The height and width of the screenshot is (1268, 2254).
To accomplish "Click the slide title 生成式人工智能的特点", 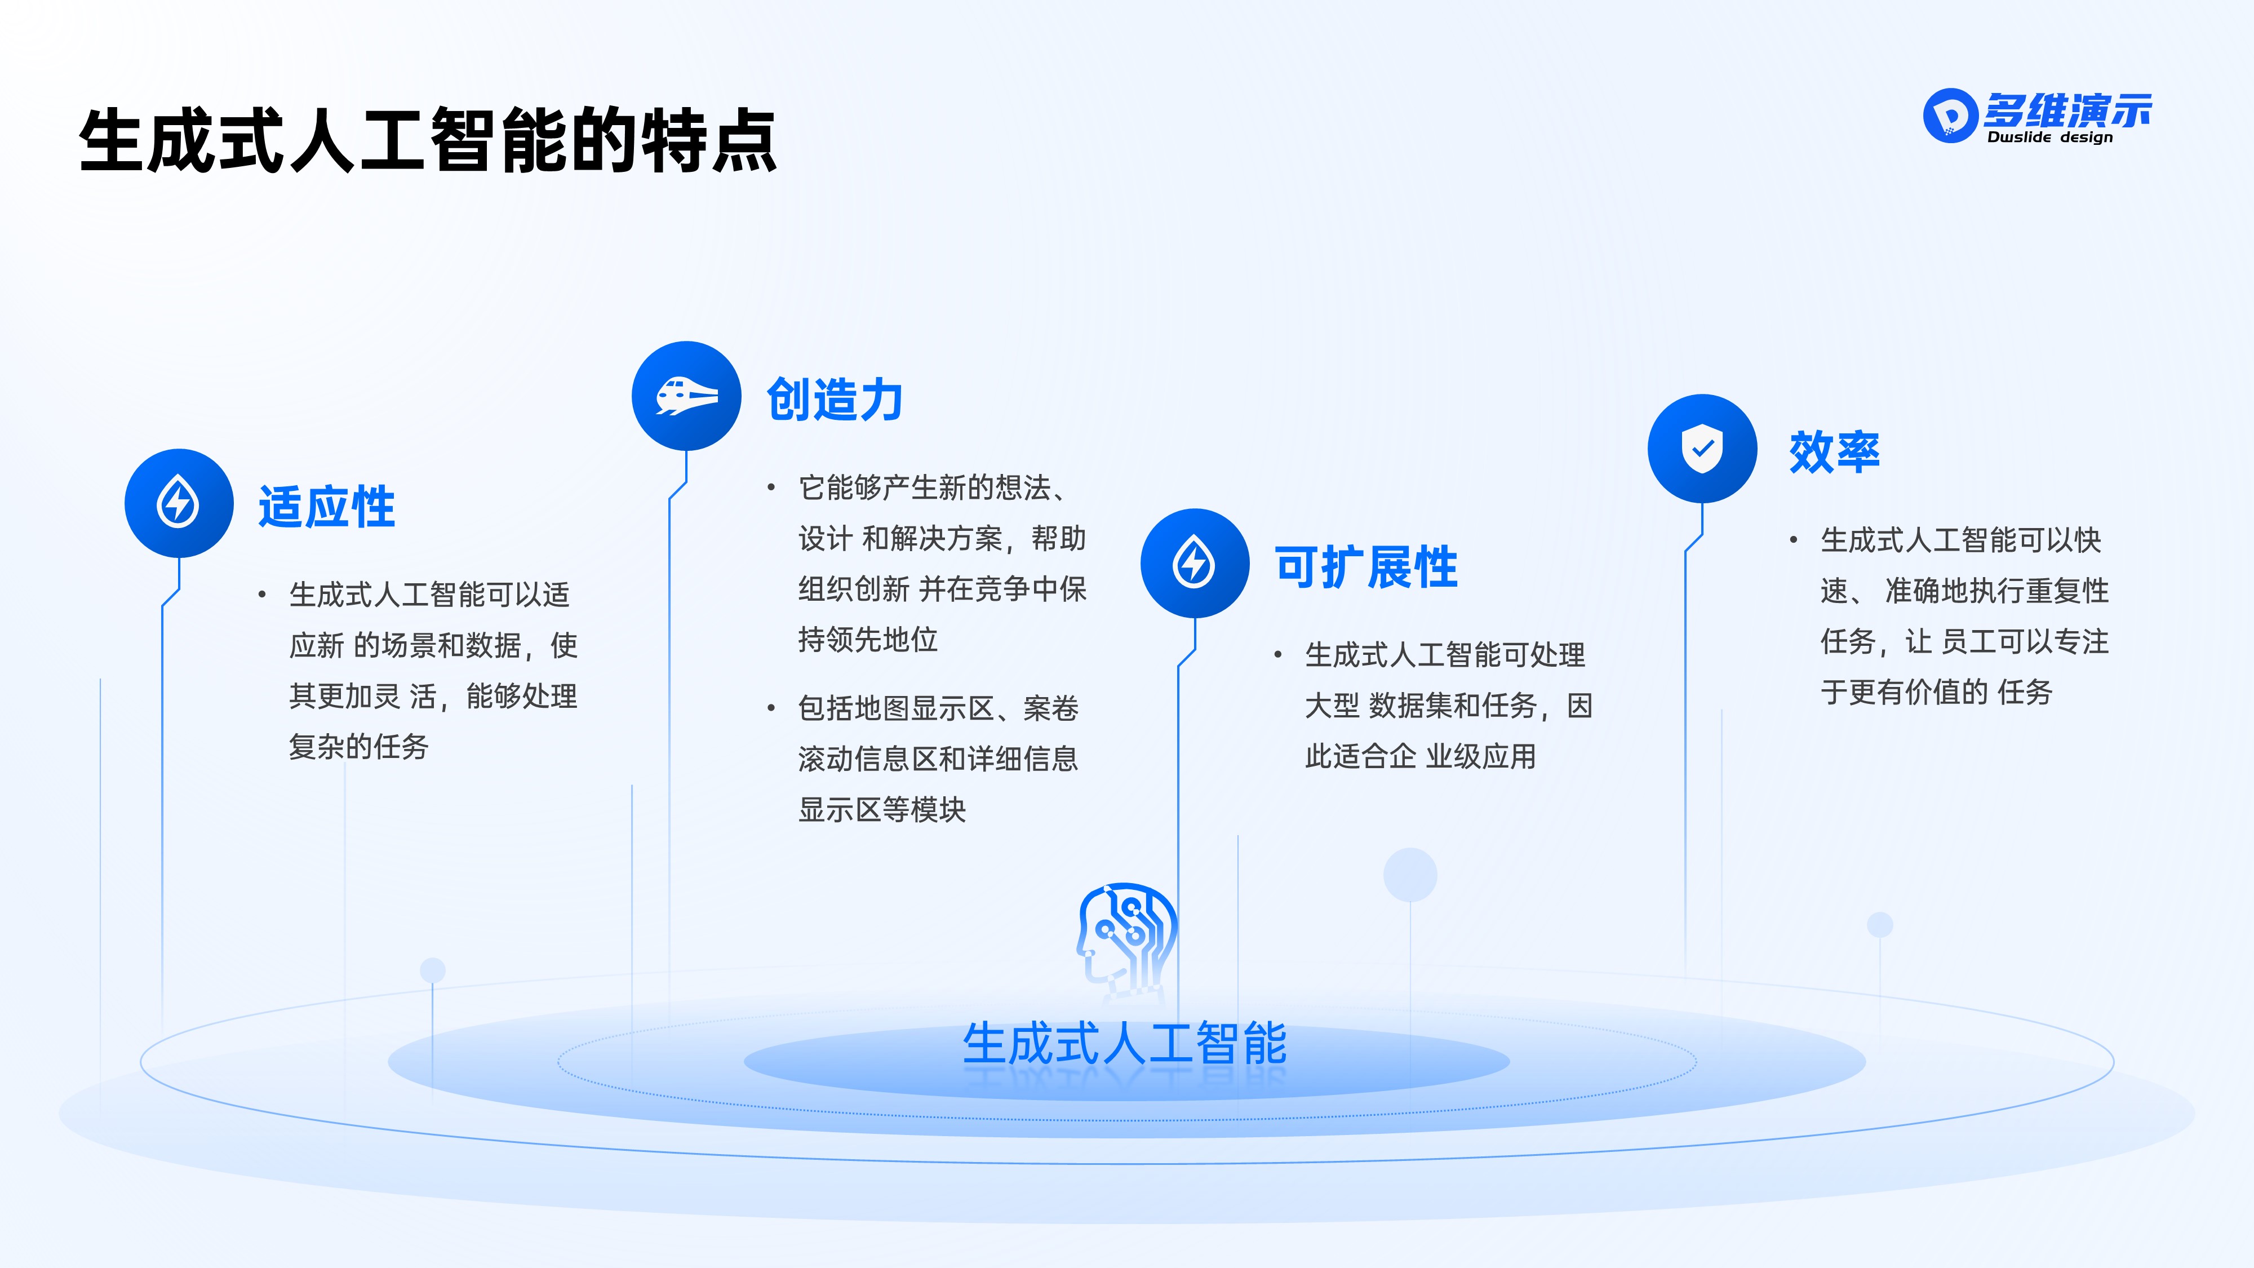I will coord(427,140).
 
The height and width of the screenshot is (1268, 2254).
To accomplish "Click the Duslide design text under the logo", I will coord(2049,138).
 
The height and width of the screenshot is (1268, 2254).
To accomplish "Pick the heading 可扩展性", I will coord(1366,567).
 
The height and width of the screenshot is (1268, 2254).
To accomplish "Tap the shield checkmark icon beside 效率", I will coord(1702,449).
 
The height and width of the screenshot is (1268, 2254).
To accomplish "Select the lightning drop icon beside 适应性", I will coord(179,503).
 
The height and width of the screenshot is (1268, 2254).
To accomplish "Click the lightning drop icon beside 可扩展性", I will coord(1195,562).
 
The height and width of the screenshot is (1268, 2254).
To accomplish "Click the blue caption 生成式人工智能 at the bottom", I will coord(1124,1043).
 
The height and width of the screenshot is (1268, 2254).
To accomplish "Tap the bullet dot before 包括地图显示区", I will coord(771,708).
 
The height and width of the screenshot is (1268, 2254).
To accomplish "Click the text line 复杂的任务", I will coord(359,747).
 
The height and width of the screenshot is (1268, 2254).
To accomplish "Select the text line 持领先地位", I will coord(867,640).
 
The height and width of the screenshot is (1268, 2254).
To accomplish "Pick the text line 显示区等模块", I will coord(882,809).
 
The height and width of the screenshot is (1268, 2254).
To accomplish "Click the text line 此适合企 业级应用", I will coord(1420,756).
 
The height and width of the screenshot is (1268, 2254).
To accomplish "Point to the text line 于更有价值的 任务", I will coord(1936,692).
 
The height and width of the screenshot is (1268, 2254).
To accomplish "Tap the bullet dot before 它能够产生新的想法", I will coord(771,487).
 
